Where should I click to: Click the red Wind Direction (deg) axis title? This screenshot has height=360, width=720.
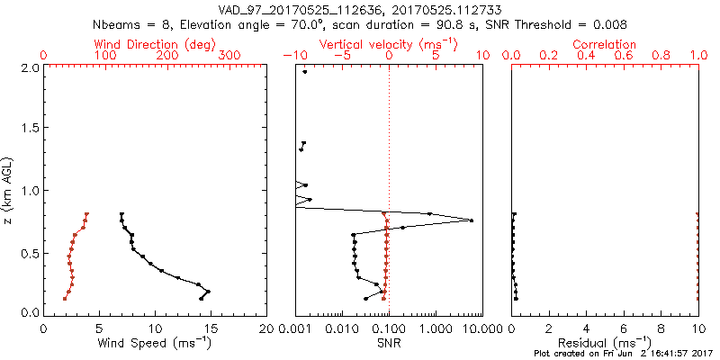tap(156, 44)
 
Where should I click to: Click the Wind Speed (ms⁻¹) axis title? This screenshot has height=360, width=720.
tap(155, 343)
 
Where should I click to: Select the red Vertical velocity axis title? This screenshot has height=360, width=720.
tap(389, 44)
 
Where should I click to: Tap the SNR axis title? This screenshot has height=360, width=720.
tap(389, 343)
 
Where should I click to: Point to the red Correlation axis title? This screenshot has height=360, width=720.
tap(606, 44)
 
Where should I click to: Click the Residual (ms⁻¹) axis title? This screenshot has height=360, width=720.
tap(606, 343)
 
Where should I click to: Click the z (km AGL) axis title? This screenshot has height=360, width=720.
tap(9, 189)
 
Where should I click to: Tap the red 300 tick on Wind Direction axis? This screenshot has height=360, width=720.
tap(229, 56)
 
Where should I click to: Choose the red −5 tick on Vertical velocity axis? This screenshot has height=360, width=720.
tap(341, 56)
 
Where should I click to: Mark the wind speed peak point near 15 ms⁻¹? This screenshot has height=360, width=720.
tap(209, 292)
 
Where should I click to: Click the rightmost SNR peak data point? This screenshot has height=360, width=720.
tap(471, 220)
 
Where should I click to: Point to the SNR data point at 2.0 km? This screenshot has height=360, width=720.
tap(305, 72)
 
